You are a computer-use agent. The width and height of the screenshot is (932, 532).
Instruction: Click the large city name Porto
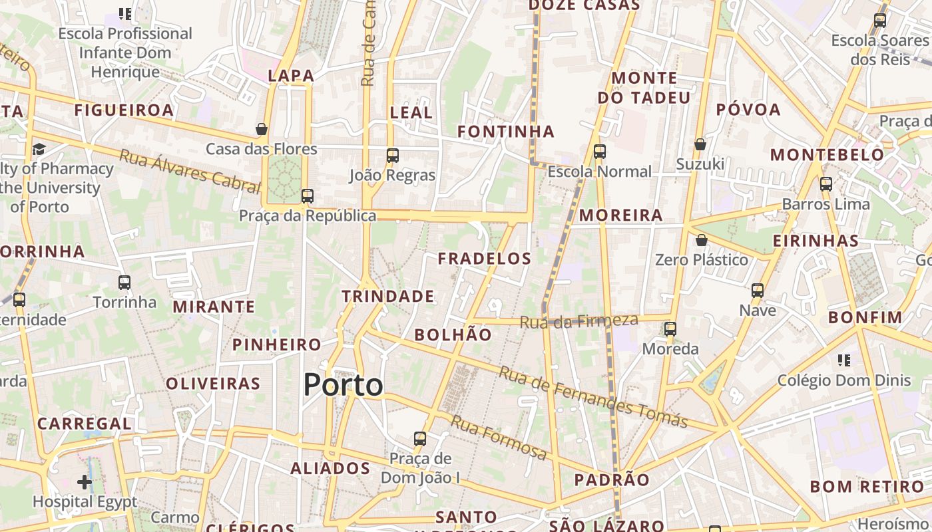[x=343, y=385]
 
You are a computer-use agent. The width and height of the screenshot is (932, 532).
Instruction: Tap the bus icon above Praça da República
[x=307, y=196]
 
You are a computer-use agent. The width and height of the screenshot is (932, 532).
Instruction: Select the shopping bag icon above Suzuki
[x=700, y=144]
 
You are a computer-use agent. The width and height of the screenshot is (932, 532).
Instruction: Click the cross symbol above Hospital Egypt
[x=85, y=481]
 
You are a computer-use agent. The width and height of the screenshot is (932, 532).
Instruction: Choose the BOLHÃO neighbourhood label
[x=453, y=334]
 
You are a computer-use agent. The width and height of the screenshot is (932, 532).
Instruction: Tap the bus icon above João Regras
[x=392, y=156]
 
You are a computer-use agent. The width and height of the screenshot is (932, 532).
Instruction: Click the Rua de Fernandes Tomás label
[x=592, y=397]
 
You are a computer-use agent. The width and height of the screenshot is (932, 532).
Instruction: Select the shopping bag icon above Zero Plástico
[x=701, y=240]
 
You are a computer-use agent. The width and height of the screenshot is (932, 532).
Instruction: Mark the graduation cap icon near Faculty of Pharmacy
[x=39, y=149]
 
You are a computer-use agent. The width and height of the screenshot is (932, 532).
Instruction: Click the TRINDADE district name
[x=387, y=296]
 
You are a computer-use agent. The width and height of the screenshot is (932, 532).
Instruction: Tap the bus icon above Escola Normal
[x=599, y=152]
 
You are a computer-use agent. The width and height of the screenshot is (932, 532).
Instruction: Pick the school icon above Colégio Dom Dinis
[x=843, y=360]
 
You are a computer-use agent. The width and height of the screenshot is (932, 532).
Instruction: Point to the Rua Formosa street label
[x=499, y=437]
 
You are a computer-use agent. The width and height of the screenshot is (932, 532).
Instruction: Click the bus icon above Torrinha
[x=124, y=283]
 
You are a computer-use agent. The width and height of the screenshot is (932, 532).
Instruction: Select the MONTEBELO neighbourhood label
[x=827, y=155]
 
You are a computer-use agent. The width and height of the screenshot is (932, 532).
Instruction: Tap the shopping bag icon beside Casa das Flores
[x=262, y=129]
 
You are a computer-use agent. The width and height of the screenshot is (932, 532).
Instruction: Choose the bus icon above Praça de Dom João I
[x=419, y=439]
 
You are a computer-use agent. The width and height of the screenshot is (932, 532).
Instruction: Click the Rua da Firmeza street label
[x=579, y=321]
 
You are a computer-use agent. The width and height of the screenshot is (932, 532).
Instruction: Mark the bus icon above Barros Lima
[x=825, y=184]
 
